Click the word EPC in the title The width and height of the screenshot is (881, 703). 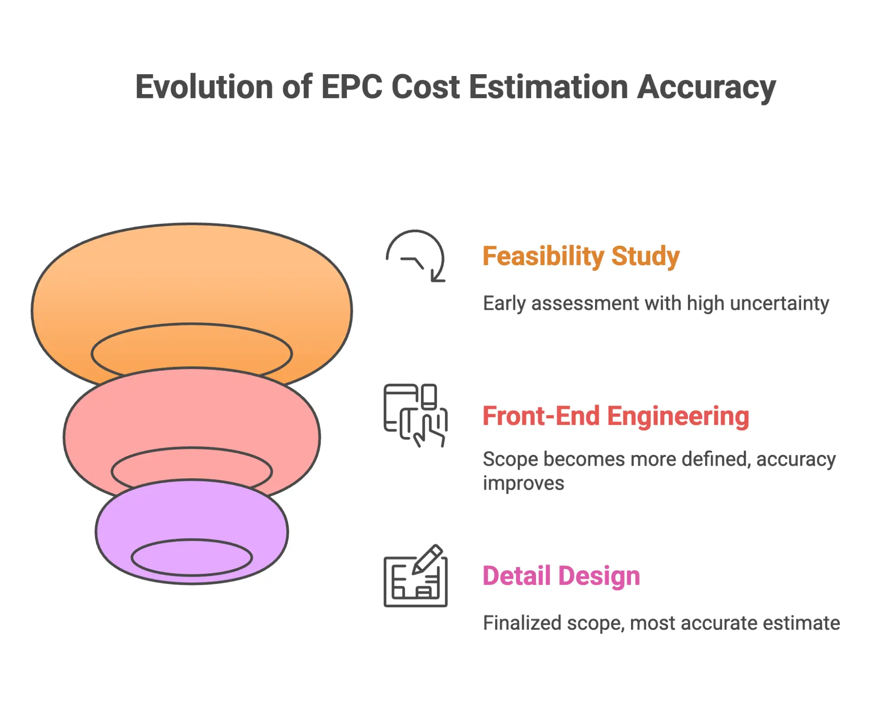[x=351, y=87]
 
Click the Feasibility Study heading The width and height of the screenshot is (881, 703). [x=581, y=256]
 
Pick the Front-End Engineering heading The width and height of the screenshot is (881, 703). [x=615, y=416]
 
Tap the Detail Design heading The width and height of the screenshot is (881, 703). [x=561, y=576]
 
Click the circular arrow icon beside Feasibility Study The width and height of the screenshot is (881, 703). [x=415, y=256]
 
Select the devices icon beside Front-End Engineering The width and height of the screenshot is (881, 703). [x=415, y=415]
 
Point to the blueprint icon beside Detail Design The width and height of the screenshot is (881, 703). [x=415, y=577]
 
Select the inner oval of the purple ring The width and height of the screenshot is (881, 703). [x=191, y=557]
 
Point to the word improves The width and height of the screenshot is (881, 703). [x=523, y=483]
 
